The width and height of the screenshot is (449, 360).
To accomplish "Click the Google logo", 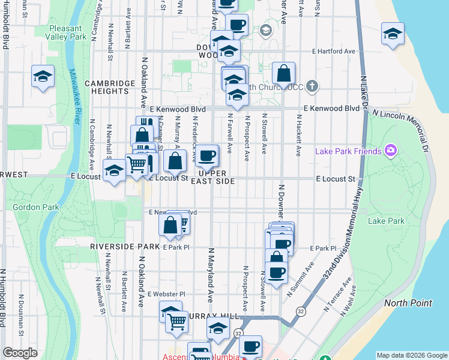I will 20,353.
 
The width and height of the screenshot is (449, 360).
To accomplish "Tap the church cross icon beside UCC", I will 311,86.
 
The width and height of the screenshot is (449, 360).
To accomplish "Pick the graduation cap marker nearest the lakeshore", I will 393,35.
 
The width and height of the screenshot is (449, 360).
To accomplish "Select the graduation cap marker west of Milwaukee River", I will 43,77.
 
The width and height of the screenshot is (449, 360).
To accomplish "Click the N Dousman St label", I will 21,313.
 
